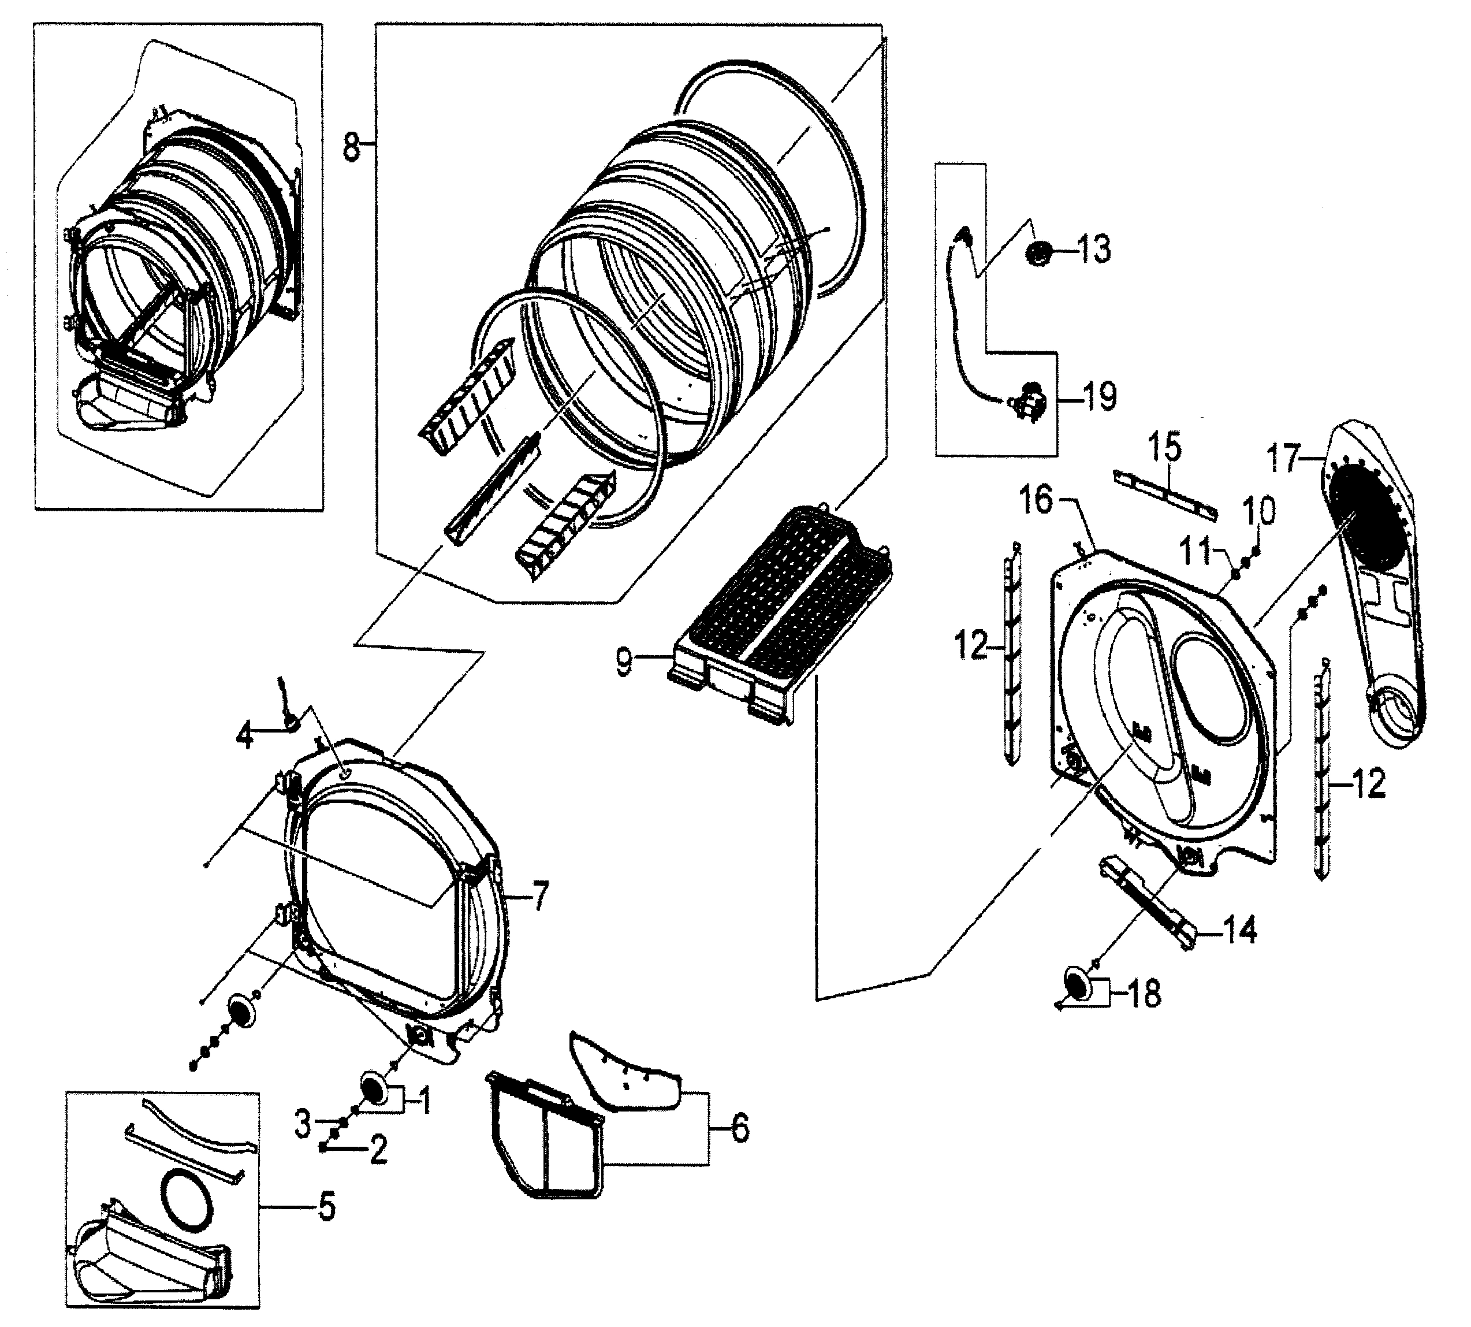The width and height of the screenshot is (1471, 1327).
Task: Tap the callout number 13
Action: click(1093, 250)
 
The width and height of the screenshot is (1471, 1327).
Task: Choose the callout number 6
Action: click(739, 1129)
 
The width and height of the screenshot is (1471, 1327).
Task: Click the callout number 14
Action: click(1240, 931)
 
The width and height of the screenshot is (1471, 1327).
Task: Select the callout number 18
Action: click(1143, 994)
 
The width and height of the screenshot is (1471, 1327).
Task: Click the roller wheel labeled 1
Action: click(375, 1091)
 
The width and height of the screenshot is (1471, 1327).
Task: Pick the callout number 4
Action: click(245, 737)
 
